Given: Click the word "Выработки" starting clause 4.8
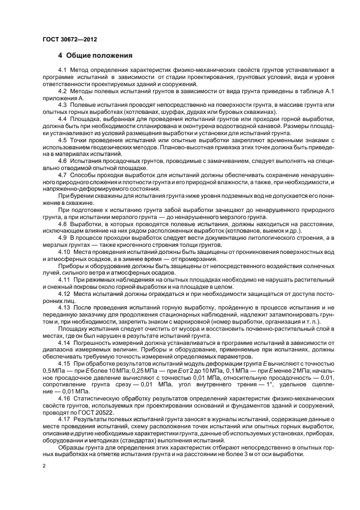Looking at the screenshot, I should click(x=88, y=224).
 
